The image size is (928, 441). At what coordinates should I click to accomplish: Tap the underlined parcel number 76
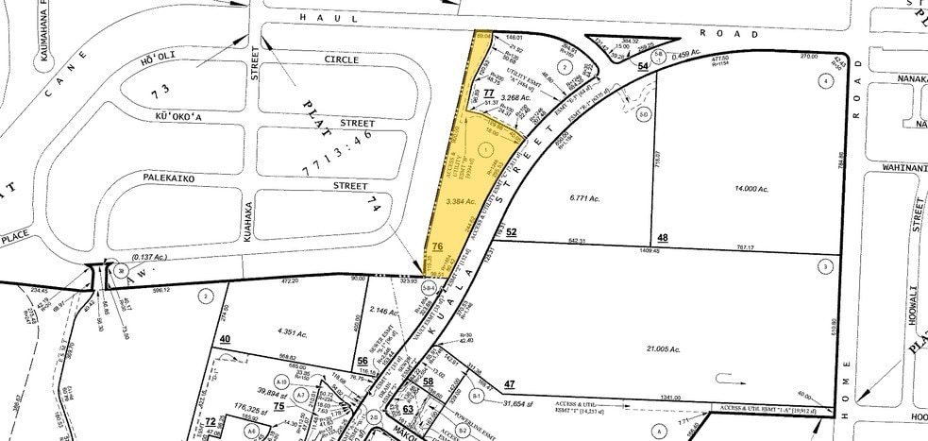[x=437, y=247]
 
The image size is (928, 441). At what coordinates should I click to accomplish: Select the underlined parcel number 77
[x=488, y=93]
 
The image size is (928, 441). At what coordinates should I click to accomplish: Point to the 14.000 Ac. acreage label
[x=751, y=190]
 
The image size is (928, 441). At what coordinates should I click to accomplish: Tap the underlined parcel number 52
[x=512, y=231]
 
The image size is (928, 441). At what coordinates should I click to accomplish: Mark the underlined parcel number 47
[x=510, y=383]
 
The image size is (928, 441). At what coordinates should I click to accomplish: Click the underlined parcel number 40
[x=225, y=339]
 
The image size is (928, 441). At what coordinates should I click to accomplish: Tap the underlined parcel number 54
[x=643, y=65]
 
